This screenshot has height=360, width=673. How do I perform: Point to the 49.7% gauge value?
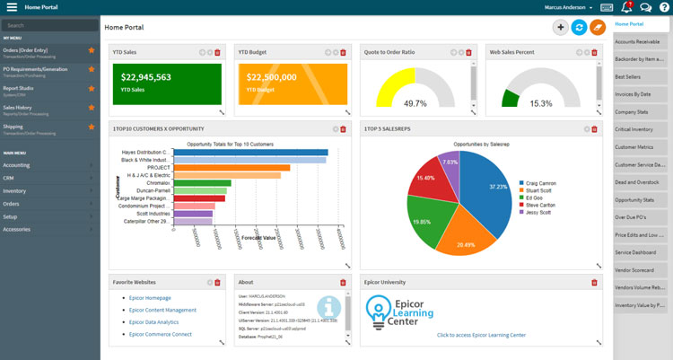[415, 103]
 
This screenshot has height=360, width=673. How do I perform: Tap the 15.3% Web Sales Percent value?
[541, 103]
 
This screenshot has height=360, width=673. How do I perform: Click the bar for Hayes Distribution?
[250, 153]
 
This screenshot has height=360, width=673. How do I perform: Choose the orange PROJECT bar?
[232, 167]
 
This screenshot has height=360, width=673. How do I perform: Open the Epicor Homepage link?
[149, 297]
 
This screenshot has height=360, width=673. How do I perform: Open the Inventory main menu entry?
[14, 190]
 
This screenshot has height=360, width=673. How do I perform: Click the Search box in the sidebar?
[49, 25]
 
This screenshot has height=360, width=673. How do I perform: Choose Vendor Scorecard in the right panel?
[635, 269]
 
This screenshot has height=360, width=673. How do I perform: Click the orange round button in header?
[598, 28]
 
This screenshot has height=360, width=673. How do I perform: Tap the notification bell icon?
[626, 7]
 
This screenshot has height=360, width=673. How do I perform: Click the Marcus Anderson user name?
[570, 7]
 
